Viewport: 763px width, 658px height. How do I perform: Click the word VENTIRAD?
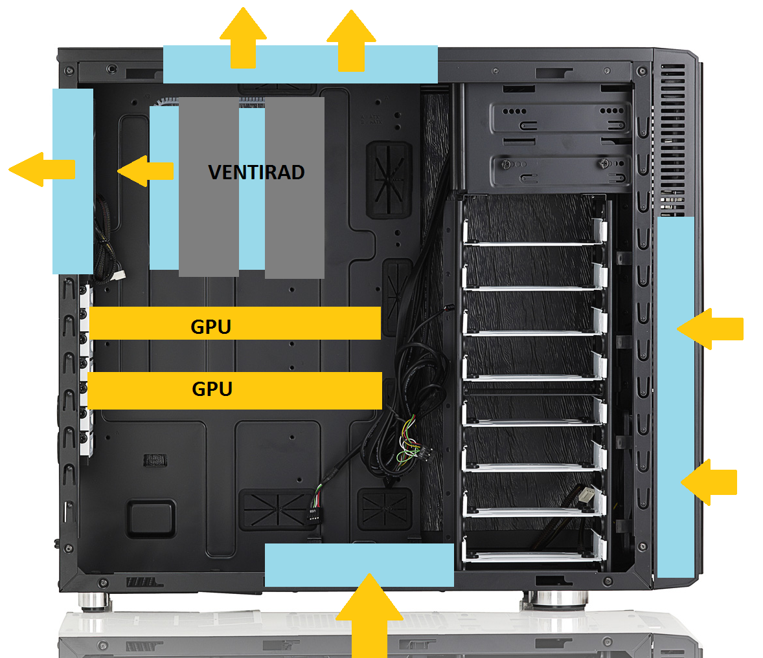256,173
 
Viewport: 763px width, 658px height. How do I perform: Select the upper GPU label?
211,327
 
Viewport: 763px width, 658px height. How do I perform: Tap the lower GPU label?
212,389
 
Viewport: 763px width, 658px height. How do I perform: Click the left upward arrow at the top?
243,38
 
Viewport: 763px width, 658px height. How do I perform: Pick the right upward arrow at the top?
351,40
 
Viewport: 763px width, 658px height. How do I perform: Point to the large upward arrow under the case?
369,615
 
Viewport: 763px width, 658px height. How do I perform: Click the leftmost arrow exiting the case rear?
42,170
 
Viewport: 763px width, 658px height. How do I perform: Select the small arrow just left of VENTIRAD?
146,171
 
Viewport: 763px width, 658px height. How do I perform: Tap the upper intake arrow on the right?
710,329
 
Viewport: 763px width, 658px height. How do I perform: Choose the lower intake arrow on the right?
709,482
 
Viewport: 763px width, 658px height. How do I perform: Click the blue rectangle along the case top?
301,64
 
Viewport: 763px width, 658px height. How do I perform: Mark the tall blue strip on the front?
676,397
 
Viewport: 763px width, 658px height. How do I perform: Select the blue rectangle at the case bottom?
359,565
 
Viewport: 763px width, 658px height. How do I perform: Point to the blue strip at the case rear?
73,181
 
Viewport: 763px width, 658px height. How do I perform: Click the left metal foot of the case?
95,602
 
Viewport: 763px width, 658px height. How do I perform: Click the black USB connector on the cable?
314,514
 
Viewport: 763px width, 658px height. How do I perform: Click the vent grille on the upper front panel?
673,140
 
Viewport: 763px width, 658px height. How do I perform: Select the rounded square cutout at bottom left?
151,518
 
